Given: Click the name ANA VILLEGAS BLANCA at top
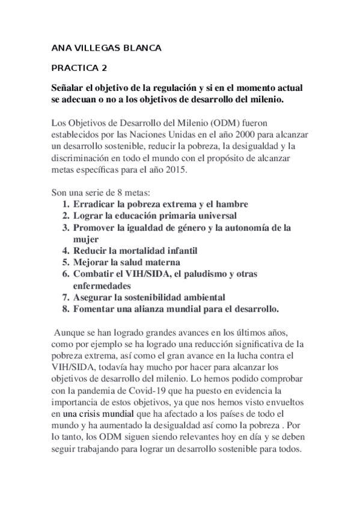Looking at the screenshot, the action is [x=106, y=48].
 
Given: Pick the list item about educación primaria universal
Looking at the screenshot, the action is [x=155, y=215].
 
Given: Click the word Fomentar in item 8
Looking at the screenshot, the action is [x=95, y=309].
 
